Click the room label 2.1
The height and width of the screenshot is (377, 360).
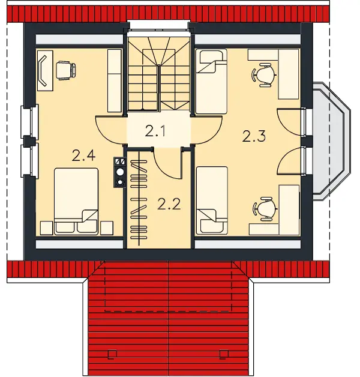click(x=155, y=131)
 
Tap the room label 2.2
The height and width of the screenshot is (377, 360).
click(x=169, y=204)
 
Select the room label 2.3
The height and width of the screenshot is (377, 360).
click(x=254, y=136)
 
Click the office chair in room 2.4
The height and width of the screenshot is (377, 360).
click(x=66, y=70)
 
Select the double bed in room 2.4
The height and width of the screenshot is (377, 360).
click(x=76, y=201)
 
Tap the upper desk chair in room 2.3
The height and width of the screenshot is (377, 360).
click(x=263, y=75)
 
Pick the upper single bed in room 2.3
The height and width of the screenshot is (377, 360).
click(x=211, y=81)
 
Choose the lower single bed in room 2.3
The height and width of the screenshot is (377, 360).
click(x=212, y=201)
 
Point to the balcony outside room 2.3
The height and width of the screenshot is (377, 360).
click(x=331, y=141)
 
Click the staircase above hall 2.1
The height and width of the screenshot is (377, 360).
click(x=158, y=74)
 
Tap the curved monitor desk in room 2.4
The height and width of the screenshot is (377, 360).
click(x=45, y=70)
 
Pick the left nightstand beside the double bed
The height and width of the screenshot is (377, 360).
click(x=46, y=228)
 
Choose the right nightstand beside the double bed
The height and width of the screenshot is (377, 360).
click(x=107, y=228)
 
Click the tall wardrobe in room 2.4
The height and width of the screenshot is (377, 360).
click(x=114, y=80)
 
